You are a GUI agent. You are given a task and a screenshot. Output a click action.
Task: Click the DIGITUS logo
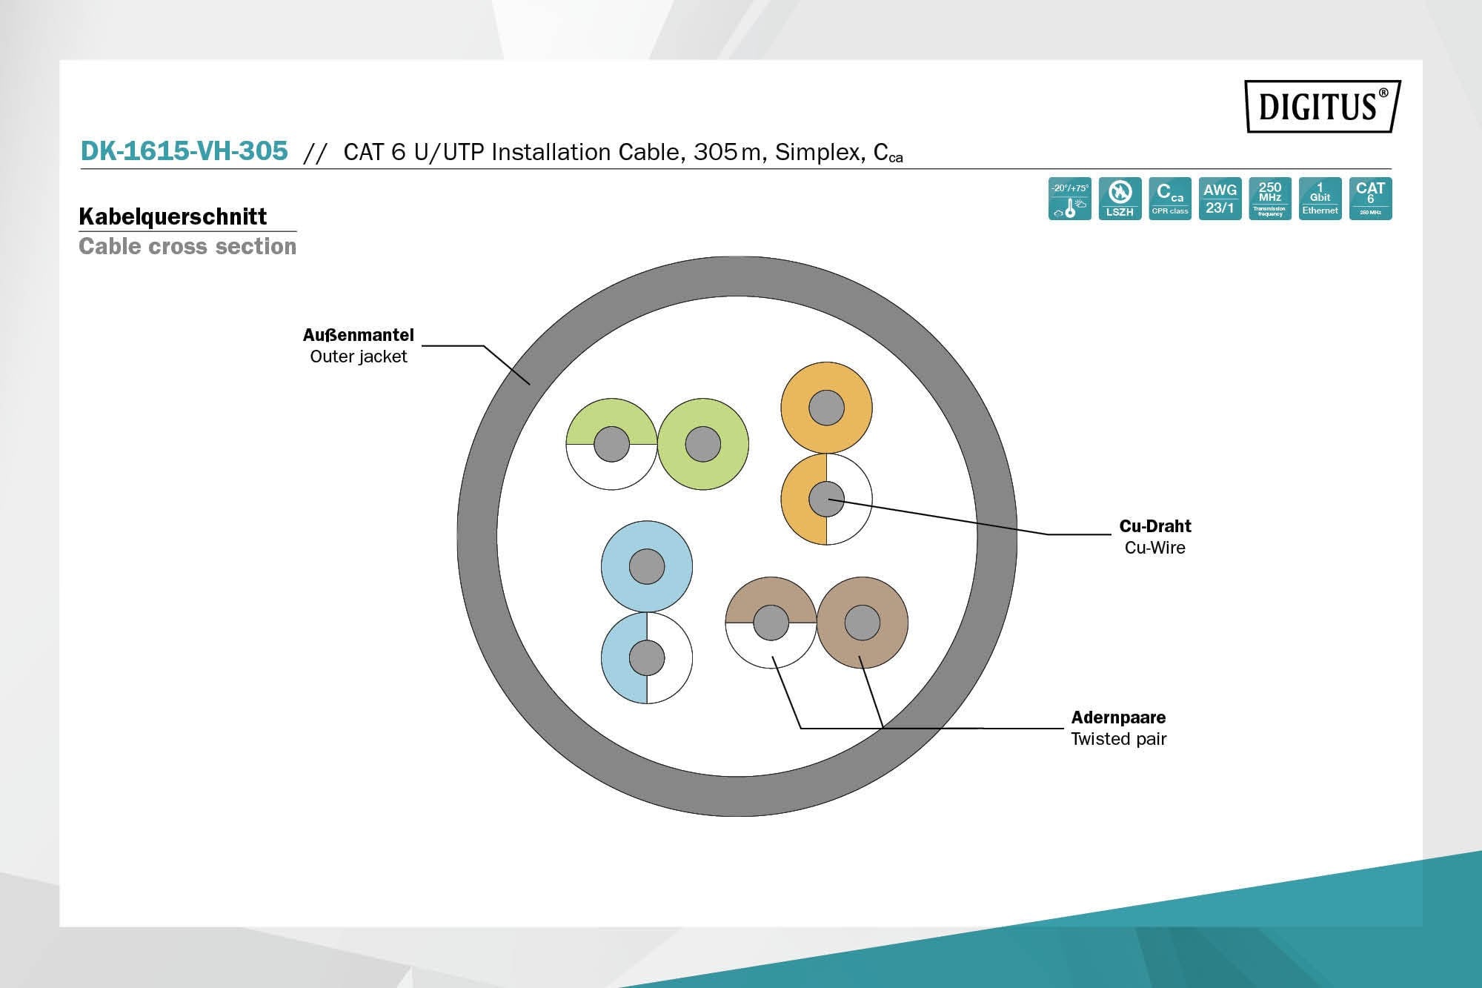tap(1322, 106)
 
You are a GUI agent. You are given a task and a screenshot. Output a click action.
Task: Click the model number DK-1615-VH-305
tap(184, 151)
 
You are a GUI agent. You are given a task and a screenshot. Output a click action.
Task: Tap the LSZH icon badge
tap(1120, 199)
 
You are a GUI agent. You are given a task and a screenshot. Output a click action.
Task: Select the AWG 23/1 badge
tap(1220, 199)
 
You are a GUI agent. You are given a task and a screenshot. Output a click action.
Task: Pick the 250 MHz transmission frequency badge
tap(1270, 199)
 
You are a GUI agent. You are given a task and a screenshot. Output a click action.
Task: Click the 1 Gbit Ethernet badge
tap(1320, 199)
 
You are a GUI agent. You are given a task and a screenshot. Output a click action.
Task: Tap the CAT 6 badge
tap(1370, 199)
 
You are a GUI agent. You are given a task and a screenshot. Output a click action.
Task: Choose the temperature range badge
tap(1069, 199)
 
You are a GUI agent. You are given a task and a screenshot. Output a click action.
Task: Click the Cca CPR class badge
tap(1170, 199)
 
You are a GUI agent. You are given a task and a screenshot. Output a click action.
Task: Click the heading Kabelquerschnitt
tap(173, 216)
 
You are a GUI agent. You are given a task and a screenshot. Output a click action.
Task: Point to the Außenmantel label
tap(358, 335)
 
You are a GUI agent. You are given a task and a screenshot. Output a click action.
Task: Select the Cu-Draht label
tap(1154, 526)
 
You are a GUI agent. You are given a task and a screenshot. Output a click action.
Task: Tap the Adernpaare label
tap(1118, 717)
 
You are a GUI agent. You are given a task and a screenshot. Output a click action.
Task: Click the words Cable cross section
tap(187, 246)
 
